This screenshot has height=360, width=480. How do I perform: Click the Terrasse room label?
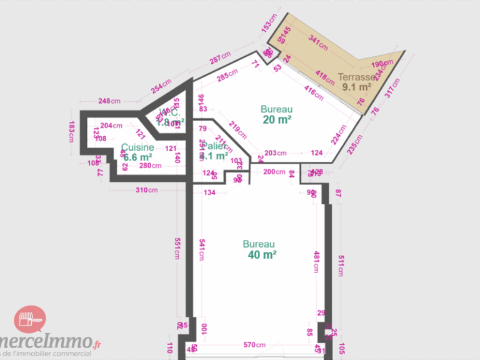tap(356, 77)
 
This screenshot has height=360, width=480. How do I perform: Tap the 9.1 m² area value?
tap(357, 87)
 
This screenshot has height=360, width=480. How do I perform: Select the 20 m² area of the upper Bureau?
tap(277, 120)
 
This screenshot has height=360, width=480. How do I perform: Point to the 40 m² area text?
tap(262, 254)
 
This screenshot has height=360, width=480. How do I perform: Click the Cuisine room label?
tap(137, 147)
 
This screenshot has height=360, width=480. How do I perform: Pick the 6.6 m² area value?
tap(137, 157)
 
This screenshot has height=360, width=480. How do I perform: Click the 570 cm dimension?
tap(254, 345)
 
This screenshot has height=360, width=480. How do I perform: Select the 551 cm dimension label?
tap(177, 249)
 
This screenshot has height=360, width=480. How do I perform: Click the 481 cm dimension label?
tap(316, 262)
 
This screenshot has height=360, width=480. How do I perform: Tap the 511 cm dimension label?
tap(341, 265)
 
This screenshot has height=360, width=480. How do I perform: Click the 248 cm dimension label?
tap(109, 101)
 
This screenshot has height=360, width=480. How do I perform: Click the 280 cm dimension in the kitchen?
tap(151, 166)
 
